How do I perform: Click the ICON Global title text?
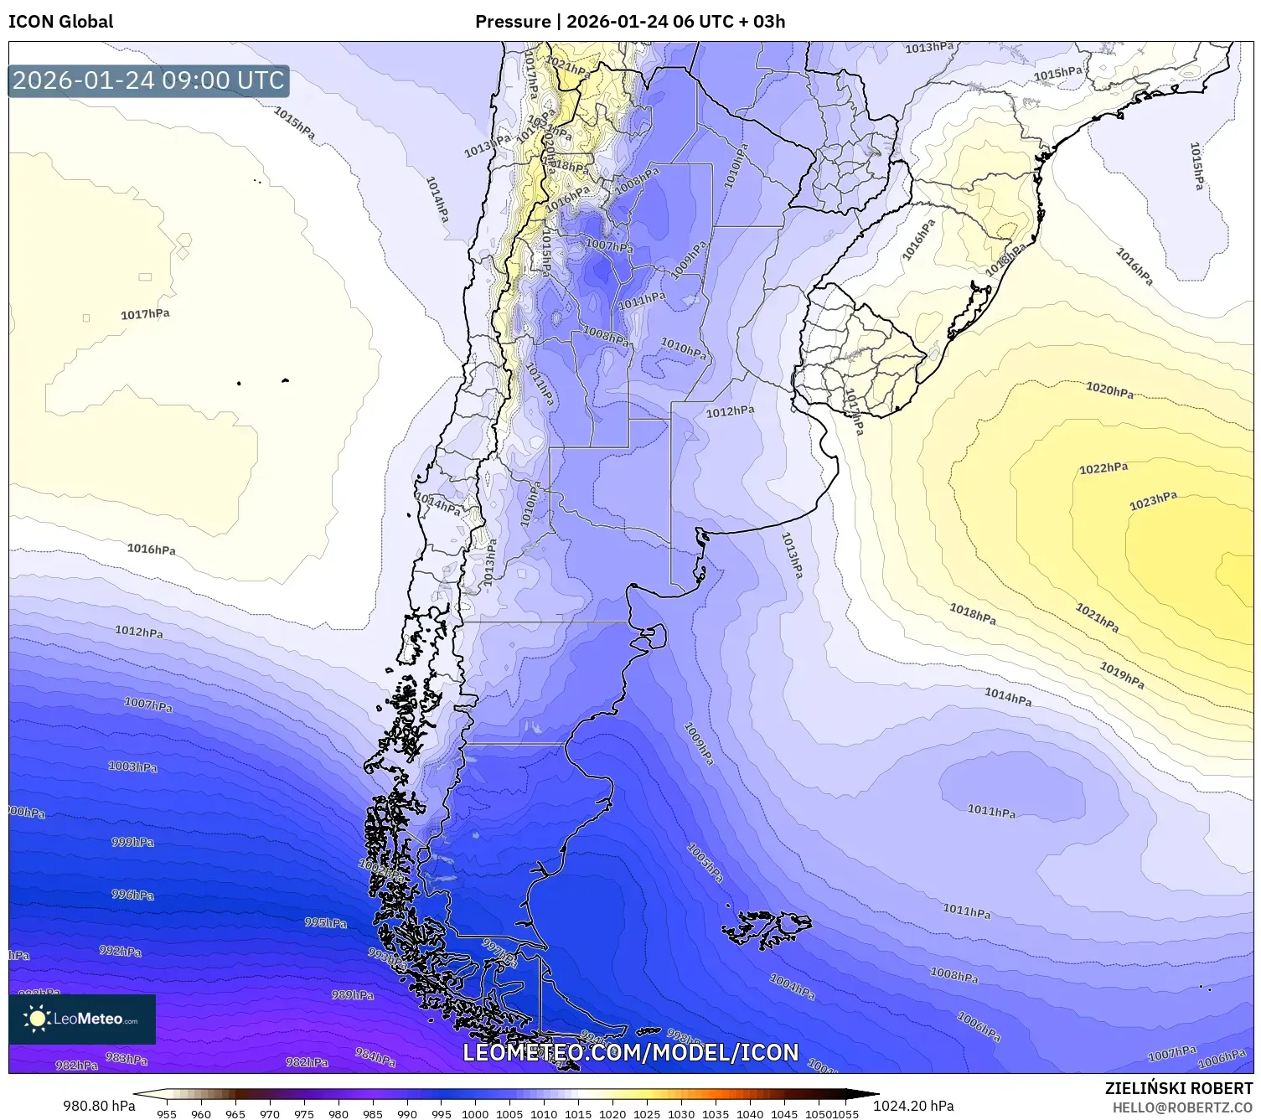coord(60,22)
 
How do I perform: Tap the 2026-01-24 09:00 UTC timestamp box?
coord(148,80)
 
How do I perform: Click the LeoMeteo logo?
coord(82,1019)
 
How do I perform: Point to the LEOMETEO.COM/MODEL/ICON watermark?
coord(630,1052)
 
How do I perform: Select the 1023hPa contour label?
coord(1153,501)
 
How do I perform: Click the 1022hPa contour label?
coord(1103,468)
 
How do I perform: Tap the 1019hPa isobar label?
coord(1122,675)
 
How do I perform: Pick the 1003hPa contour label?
coord(132,766)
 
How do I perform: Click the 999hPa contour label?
coord(132,842)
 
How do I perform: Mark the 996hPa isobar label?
coord(132,895)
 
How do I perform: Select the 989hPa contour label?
coord(352,995)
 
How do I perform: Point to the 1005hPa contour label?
coord(705,863)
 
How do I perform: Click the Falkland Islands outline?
coord(767,928)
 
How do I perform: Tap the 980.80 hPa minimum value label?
coord(99,1106)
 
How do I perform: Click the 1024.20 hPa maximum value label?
coord(913,1106)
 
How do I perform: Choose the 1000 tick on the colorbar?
coord(475,1114)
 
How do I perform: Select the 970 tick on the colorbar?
coord(269,1114)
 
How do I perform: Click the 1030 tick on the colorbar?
coord(681,1114)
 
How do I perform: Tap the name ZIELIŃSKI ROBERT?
coord(1179,1089)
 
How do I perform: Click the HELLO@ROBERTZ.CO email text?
coord(1182,1107)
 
